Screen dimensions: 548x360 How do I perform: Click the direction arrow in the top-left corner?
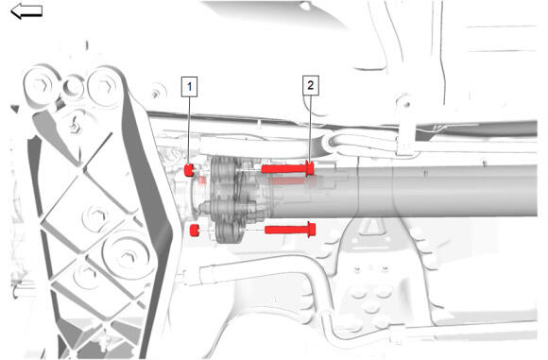[x=26, y=11]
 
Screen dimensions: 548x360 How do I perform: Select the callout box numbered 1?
[x=189, y=87]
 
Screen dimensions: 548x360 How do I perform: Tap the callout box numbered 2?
[x=310, y=85]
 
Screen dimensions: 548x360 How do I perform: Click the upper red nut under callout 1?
[x=189, y=170]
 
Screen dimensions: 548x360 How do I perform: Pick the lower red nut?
[x=194, y=231]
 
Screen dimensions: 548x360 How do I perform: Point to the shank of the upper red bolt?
[x=283, y=169]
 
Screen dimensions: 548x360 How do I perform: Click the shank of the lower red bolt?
[x=286, y=230]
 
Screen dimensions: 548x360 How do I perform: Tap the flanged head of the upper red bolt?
[x=309, y=169]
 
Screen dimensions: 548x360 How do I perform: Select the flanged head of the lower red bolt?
[x=312, y=230]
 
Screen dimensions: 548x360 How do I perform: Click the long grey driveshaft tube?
[x=402, y=191]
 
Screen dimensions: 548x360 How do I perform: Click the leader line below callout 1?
[x=189, y=130]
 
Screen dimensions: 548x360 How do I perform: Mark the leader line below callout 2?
[x=310, y=129]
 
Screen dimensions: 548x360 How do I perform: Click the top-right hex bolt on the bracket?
[x=104, y=86]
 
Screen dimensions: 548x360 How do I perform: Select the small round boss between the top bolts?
[x=74, y=86]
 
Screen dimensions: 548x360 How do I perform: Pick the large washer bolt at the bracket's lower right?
[x=127, y=257]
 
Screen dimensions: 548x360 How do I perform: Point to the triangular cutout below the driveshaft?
[x=371, y=227]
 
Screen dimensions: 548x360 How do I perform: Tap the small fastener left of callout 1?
[x=155, y=94]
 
